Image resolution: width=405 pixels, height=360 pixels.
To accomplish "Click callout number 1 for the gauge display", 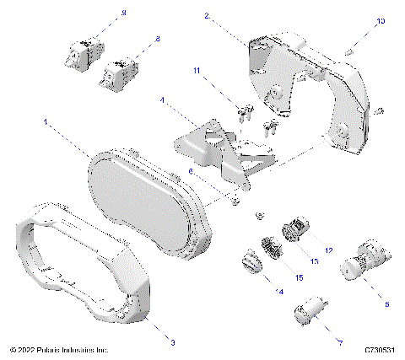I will (46, 121).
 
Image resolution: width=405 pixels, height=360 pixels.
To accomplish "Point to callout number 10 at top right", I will (380, 19).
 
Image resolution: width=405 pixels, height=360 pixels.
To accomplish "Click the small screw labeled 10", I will (349, 53).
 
